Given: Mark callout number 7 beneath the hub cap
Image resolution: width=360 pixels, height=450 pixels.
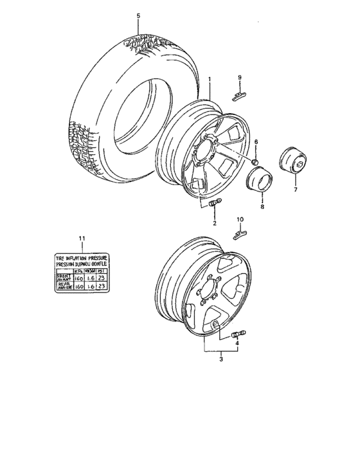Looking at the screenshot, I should (295, 192).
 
